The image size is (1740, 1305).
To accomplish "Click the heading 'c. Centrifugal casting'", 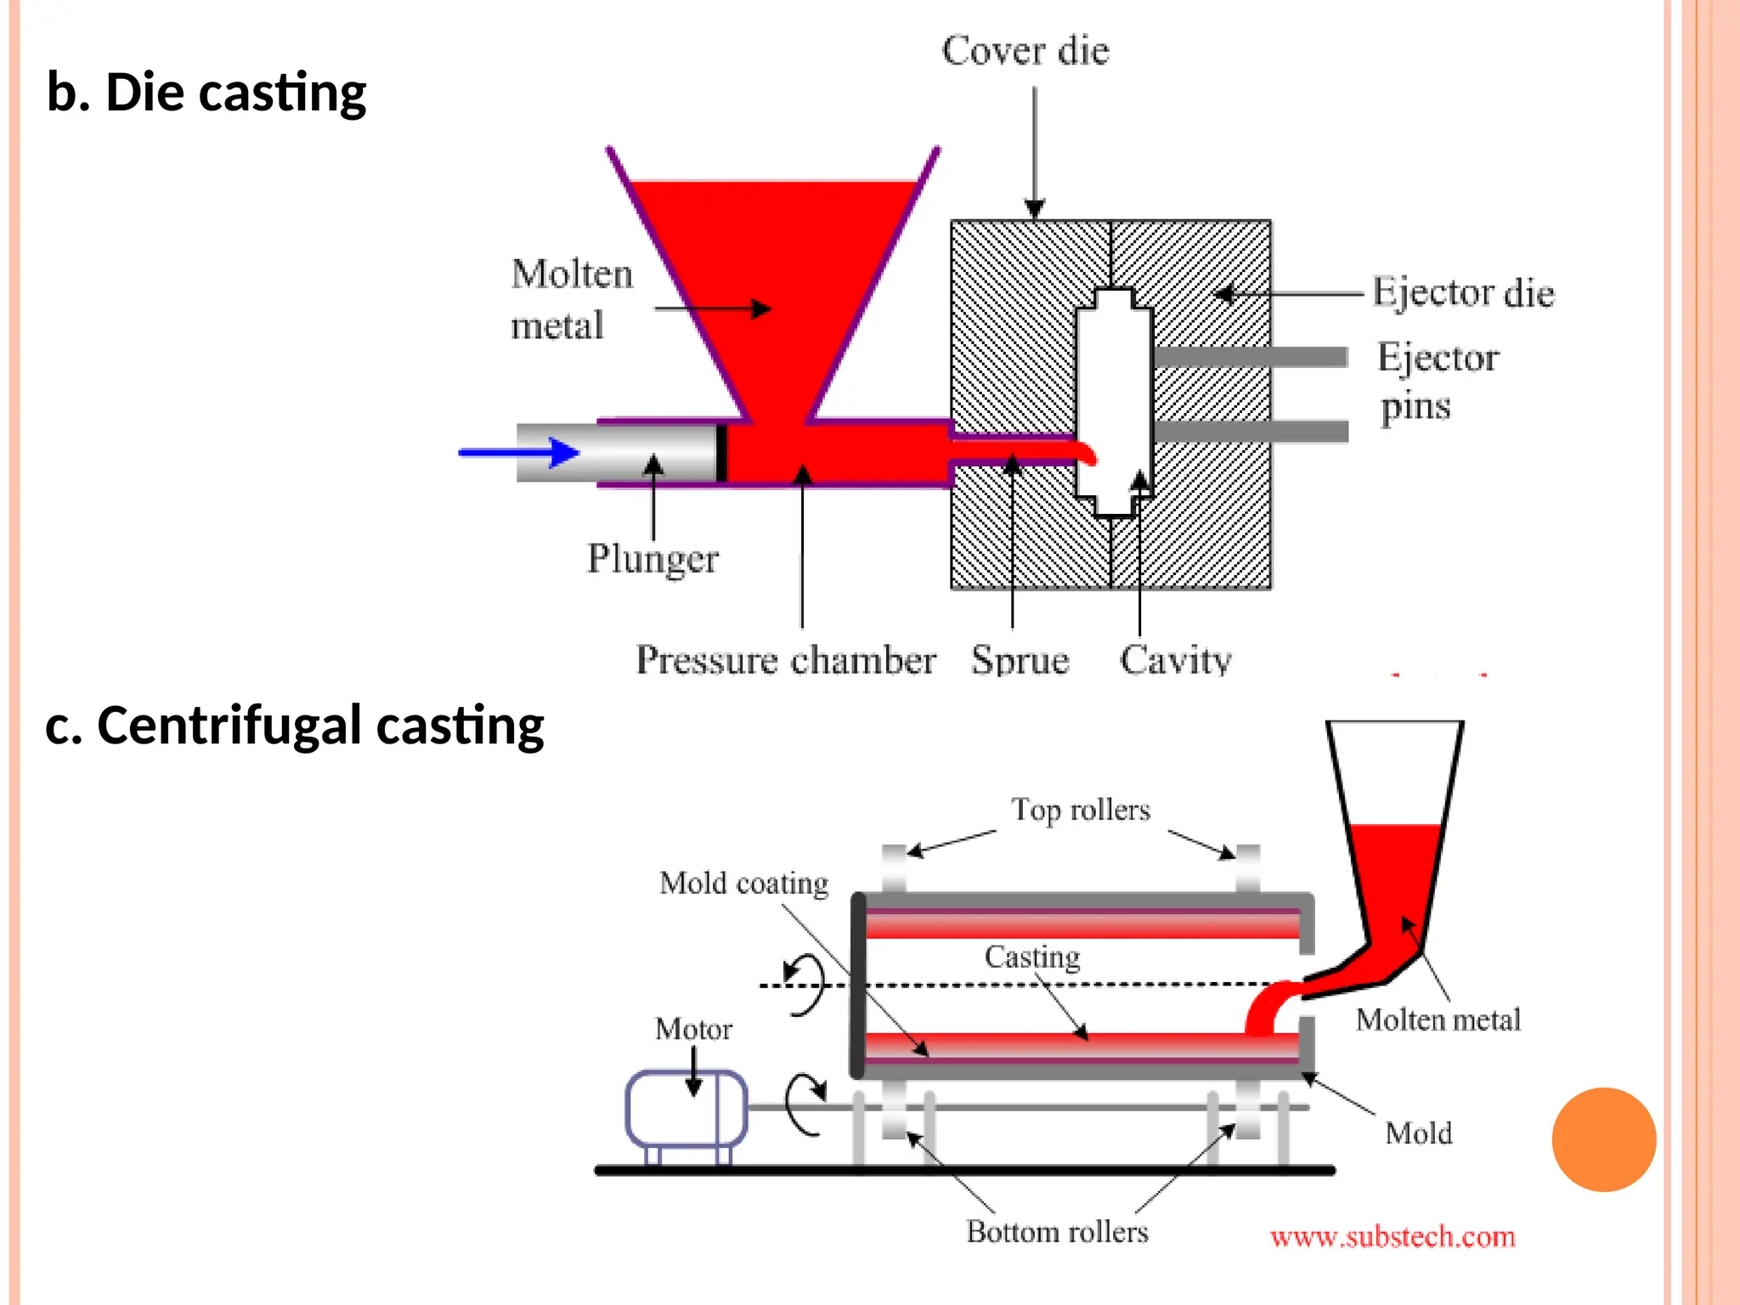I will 294,726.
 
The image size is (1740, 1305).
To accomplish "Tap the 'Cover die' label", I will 1025,51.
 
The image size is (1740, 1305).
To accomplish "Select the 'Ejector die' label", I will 1463,293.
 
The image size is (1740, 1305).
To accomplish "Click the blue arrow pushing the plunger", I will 518,452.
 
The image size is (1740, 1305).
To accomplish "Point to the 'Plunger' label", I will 652,559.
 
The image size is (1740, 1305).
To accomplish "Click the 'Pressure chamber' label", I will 786,660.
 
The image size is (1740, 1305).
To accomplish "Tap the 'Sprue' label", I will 1020,660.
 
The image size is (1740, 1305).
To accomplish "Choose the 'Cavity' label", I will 1175,660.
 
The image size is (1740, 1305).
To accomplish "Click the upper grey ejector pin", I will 1249,357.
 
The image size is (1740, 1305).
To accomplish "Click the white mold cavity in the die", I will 1114,391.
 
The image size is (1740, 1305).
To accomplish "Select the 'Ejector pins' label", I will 1438,381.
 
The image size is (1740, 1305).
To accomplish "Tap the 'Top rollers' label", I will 1080,810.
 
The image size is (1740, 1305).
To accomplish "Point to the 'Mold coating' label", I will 743,884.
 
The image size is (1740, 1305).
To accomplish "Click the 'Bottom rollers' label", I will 1057,1232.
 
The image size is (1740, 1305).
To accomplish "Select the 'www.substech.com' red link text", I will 1393,1237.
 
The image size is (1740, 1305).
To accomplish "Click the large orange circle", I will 1603,1139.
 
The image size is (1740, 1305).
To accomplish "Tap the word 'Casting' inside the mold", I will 1032,957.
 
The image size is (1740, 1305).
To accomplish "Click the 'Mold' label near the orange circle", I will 1418,1133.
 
